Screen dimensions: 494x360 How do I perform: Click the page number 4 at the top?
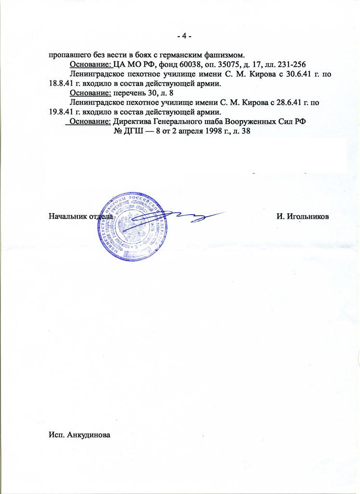click(x=184, y=37)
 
